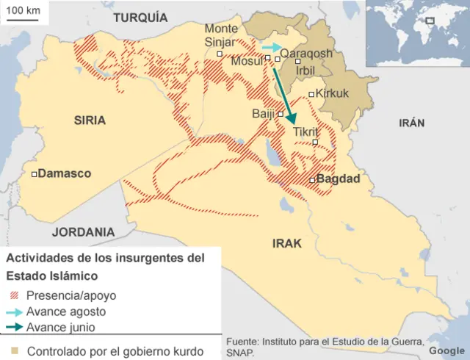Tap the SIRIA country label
[90, 120]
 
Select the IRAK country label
[287, 243]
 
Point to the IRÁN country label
[411, 123]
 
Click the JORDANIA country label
[83, 231]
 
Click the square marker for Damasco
[35, 174]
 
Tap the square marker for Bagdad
[312, 180]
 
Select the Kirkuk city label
[332, 93]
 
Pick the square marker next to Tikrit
[315, 142]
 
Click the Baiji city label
[263, 113]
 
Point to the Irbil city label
[305, 69]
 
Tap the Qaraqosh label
[306, 54]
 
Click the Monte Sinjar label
[220, 35]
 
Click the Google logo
[447, 350]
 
